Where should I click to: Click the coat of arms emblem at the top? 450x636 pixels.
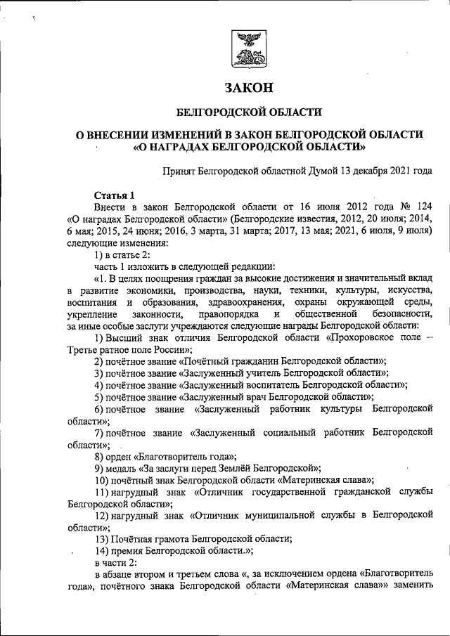247,48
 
